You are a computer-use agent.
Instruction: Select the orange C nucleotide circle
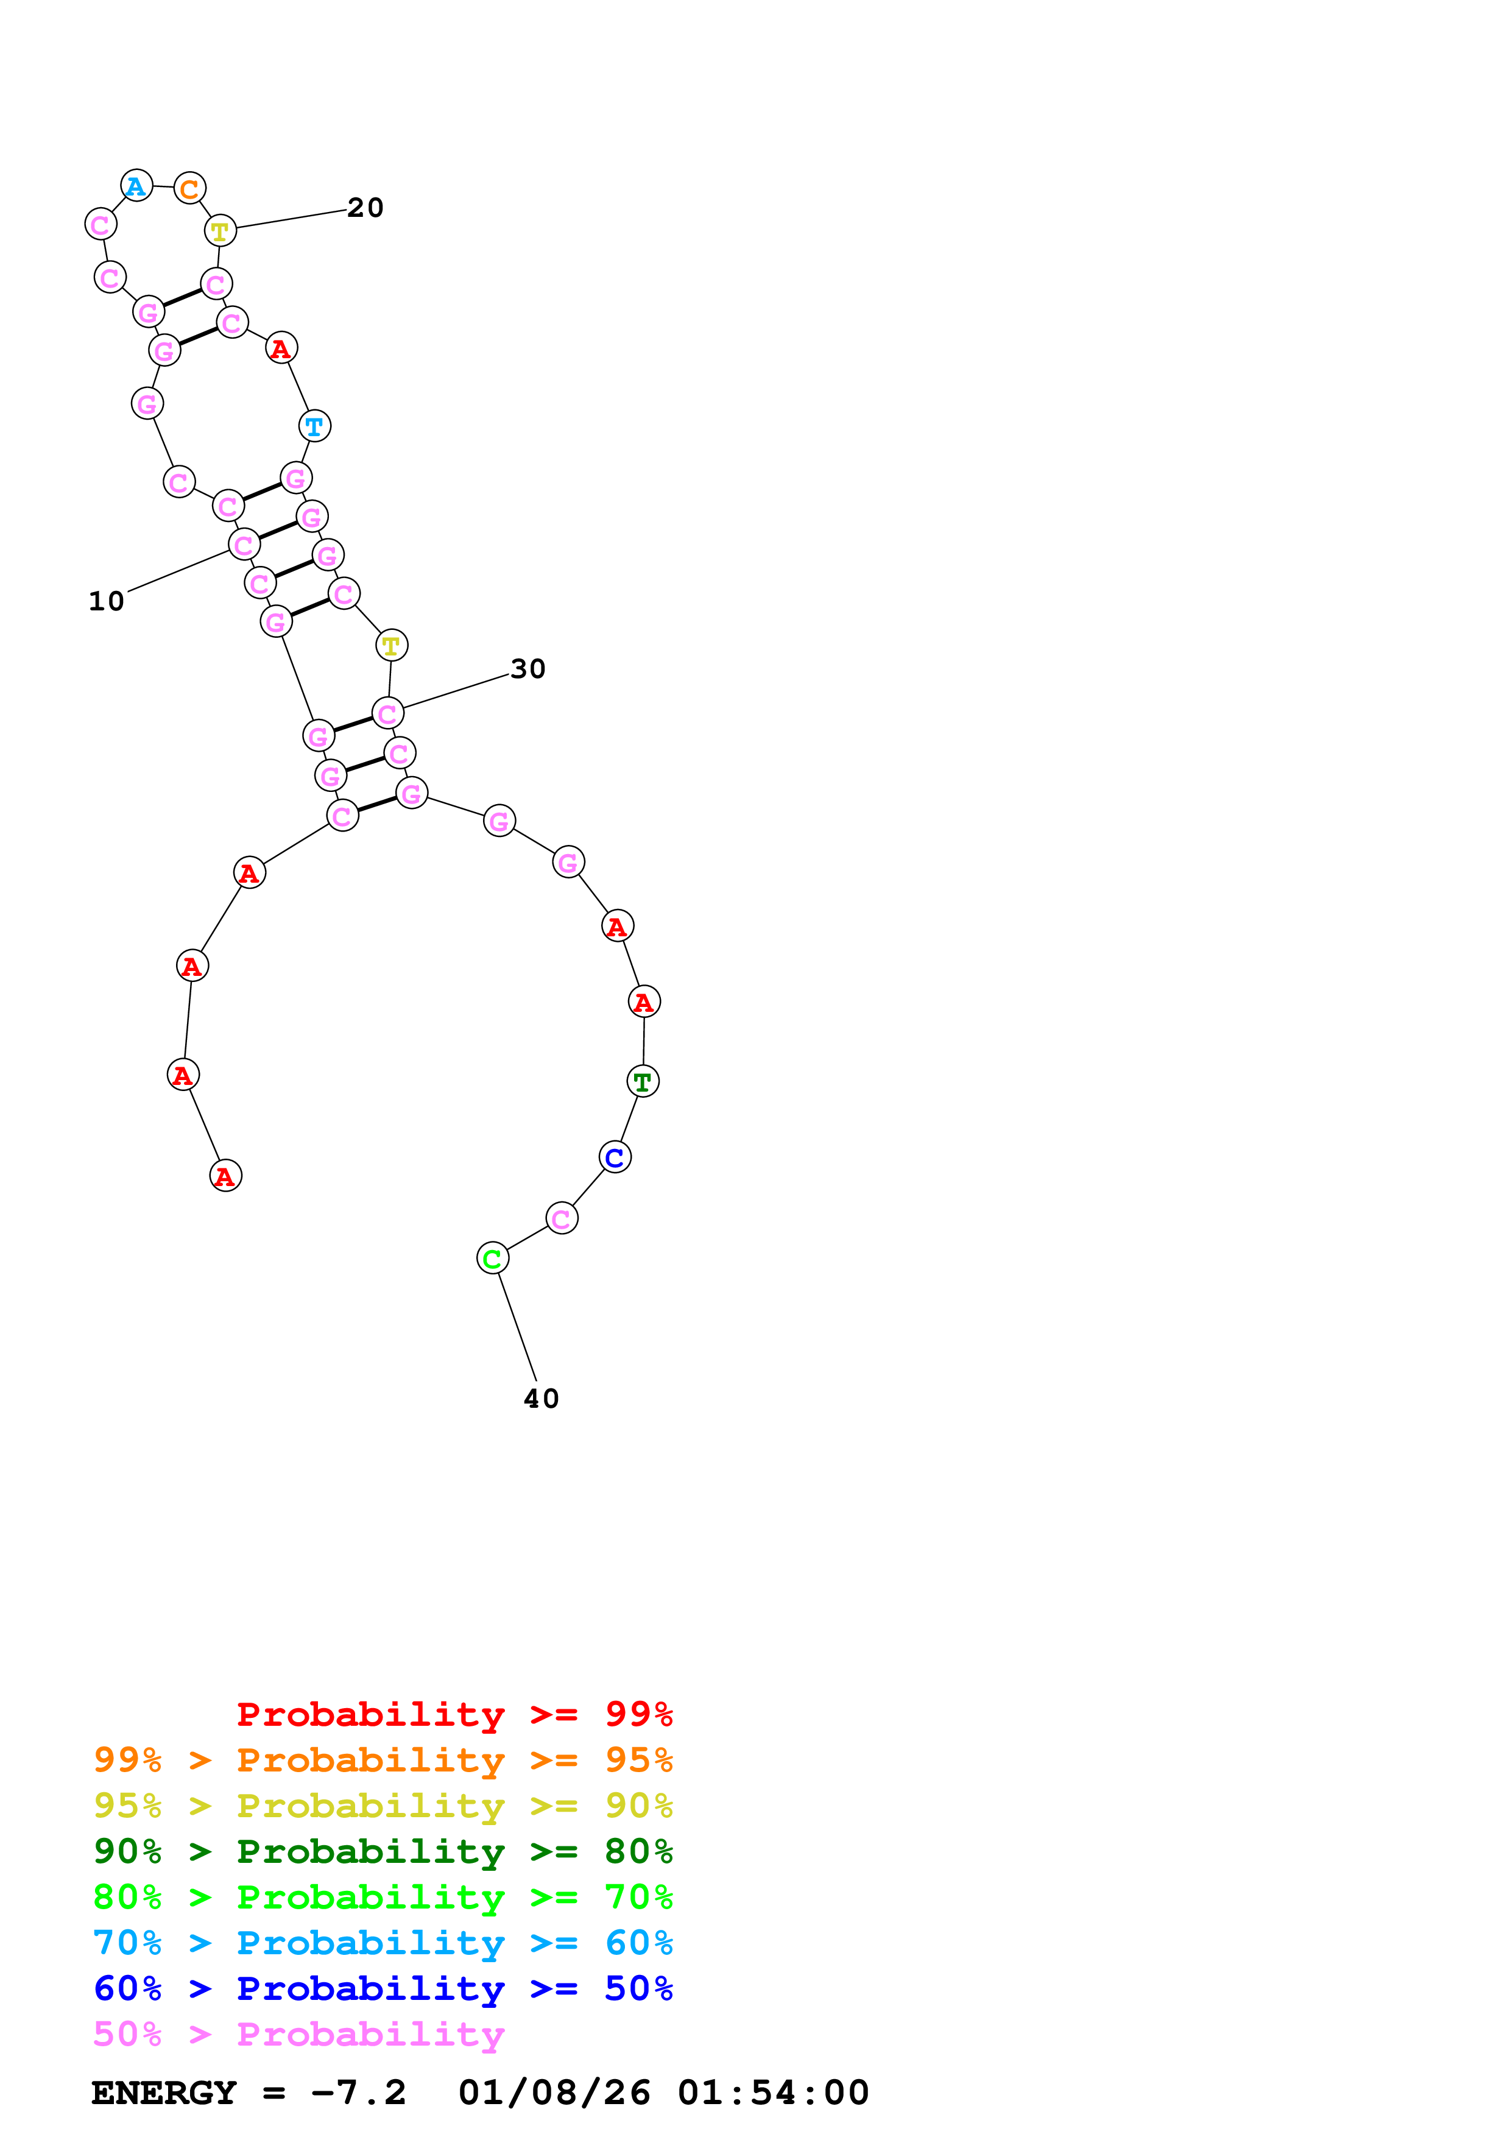(190, 189)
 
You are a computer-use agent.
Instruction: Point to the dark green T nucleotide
(643, 1081)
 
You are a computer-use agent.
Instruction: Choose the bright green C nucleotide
(492, 1259)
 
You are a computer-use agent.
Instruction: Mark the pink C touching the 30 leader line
(387, 714)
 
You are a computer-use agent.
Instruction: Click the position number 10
(106, 601)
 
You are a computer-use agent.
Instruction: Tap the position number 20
(365, 208)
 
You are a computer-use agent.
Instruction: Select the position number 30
(527, 669)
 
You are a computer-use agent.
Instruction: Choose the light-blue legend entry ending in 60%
(383, 1943)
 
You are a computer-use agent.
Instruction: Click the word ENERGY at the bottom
(164, 2093)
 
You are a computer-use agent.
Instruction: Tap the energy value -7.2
(359, 2093)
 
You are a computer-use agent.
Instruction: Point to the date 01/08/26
(554, 2093)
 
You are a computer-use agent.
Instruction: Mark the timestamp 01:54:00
(773, 2093)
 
